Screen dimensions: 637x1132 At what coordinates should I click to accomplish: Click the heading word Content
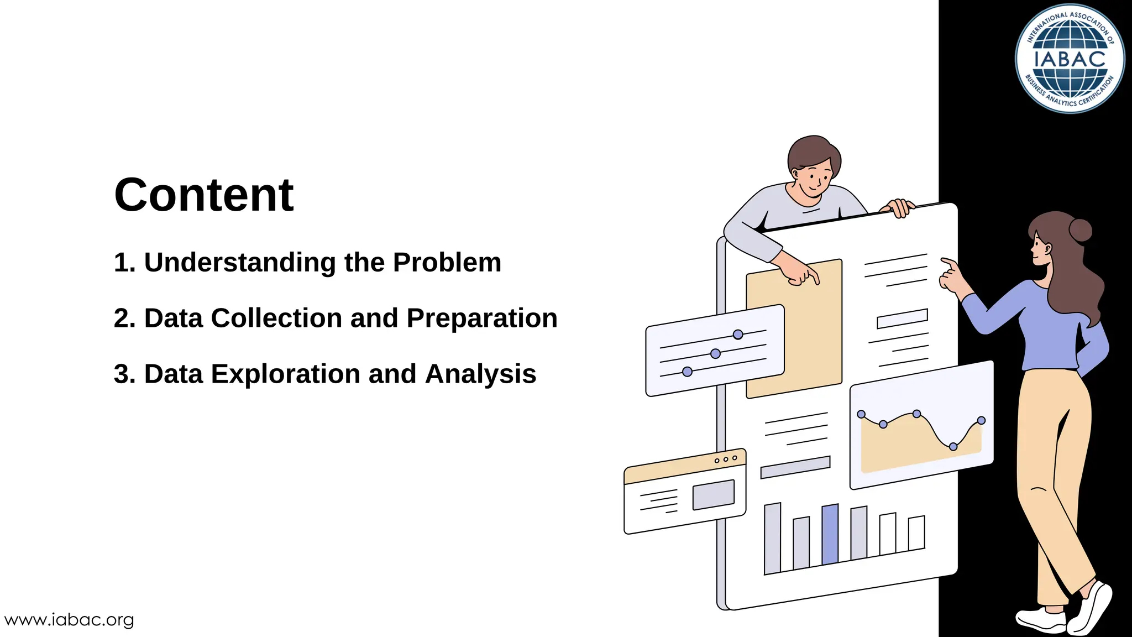pos(203,195)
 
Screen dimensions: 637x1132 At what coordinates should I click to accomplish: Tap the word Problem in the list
pos(447,263)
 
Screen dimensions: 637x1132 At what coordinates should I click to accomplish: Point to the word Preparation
pos(482,318)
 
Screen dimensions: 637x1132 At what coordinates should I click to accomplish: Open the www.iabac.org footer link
pos(69,620)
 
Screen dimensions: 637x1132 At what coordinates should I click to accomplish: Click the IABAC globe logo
pos(1070,59)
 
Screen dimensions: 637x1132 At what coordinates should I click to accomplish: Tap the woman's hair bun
pos(1081,230)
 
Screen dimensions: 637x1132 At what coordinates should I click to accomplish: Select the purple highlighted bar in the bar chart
pos(830,534)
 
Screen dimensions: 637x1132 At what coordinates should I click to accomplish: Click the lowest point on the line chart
pos(953,446)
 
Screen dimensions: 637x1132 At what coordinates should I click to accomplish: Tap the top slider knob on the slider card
pos(738,334)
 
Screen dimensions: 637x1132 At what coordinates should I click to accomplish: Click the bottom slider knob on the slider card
pos(687,372)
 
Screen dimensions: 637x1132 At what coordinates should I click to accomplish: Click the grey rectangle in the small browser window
pos(714,494)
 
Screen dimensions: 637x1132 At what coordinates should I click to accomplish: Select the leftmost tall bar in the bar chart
pos(772,538)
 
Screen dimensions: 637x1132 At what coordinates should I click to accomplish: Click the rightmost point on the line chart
pos(981,420)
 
